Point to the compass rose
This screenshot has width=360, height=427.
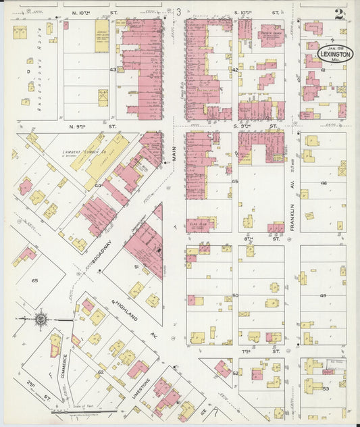(41, 318)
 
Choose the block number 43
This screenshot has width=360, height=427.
(122, 70)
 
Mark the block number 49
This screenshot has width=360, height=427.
(323, 295)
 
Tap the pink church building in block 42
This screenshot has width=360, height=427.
(270, 35)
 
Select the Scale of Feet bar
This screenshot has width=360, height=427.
(84, 407)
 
